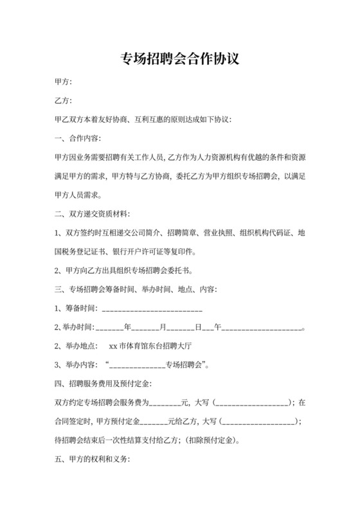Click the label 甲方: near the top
coord(64,83)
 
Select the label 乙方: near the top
coord(64,102)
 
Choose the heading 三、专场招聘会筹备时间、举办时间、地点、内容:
coord(136,290)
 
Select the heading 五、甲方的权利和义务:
coord(93,460)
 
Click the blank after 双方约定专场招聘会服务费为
coord(165,404)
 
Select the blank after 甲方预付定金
coord(152,422)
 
